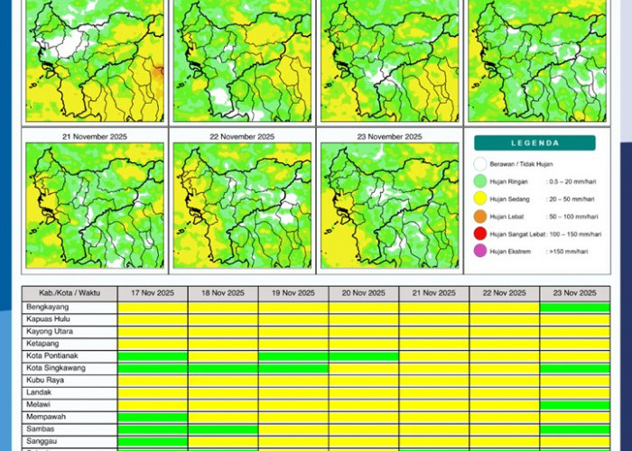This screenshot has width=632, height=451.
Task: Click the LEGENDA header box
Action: (534, 143)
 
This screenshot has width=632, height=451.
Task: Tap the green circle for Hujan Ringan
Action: (480, 182)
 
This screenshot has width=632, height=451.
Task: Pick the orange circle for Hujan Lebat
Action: (480, 216)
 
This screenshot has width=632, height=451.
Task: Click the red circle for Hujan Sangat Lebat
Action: (480, 234)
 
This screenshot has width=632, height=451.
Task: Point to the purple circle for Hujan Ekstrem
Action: (480, 251)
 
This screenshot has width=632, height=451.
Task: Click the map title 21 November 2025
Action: (96, 136)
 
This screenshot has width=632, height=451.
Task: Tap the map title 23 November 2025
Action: (388, 136)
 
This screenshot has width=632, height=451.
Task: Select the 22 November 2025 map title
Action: (242, 136)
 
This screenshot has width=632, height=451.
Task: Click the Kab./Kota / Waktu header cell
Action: (70, 293)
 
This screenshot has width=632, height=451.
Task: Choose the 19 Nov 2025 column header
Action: (293, 293)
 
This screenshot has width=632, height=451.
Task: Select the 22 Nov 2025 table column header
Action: (504, 293)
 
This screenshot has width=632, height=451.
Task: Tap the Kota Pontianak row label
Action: (51, 356)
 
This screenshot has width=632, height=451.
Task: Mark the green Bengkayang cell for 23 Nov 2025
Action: (574, 308)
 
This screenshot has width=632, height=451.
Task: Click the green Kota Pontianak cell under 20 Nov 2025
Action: (364, 356)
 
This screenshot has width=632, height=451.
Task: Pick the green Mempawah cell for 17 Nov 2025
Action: (153, 418)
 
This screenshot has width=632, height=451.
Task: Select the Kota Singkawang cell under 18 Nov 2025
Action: (223, 369)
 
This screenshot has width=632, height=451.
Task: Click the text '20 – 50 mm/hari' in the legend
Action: (571, 199)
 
